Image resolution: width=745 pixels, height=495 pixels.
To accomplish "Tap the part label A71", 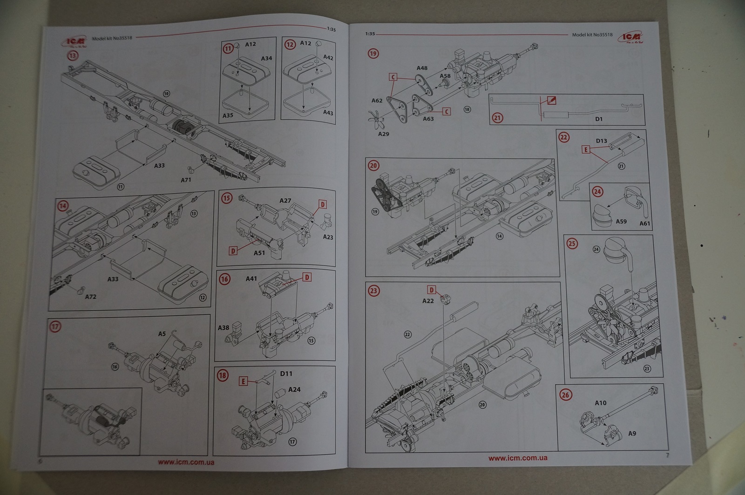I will (186, 180).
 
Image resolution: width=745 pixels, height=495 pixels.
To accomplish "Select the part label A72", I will (90, 297).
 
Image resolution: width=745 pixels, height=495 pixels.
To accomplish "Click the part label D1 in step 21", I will (599, 119).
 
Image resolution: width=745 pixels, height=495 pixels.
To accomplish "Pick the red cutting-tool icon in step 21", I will (552, 101).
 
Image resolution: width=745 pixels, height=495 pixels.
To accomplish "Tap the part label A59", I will (621, 221).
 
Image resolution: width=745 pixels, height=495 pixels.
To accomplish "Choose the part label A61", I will (645, 224).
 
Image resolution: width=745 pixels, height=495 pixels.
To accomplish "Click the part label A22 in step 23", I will (428, 301).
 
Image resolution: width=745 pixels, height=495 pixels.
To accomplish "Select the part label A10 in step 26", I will (601, 403).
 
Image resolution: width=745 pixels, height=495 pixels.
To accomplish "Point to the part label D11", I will (286, 373).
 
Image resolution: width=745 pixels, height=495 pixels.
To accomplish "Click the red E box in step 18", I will (243, 381).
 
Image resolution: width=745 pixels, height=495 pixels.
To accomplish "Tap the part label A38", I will (223, 328).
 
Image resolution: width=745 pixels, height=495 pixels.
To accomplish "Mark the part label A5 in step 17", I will (162, 334).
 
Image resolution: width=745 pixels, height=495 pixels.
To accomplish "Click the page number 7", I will (667, 455).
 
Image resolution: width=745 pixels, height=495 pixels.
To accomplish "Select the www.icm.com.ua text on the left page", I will (186, 462).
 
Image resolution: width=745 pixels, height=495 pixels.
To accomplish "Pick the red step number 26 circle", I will (565, 395).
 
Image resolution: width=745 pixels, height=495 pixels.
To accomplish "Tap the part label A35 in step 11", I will (228, 115).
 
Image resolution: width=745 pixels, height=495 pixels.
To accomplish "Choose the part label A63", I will (428, 119).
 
